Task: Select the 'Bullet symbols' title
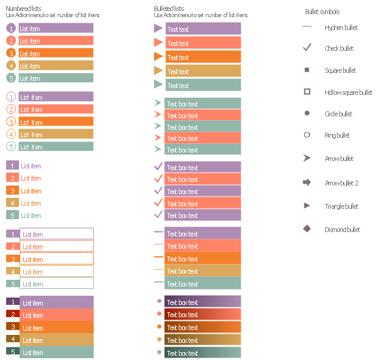pos(322,12)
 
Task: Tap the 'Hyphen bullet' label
pos(341,28)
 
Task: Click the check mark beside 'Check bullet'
pos(307,48)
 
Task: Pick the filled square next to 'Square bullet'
pos(307,70)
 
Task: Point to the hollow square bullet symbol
pos(307,92)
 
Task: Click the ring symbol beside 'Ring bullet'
pos(307,135)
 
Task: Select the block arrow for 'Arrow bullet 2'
pos(307,182)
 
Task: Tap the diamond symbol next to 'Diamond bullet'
pos(307,229)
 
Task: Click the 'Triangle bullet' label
pos(341,206)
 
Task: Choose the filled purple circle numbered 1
pos(11,28)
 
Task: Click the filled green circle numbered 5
pos(11,78)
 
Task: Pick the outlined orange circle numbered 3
pos(11,122)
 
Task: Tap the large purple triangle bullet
pos(158,28)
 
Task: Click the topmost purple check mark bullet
pos(158,167)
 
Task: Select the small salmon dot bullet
pos(159,314)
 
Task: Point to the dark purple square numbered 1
pos(11,301)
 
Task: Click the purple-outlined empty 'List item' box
pos(56,234)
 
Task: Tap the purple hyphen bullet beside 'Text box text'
pos(158,233)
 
